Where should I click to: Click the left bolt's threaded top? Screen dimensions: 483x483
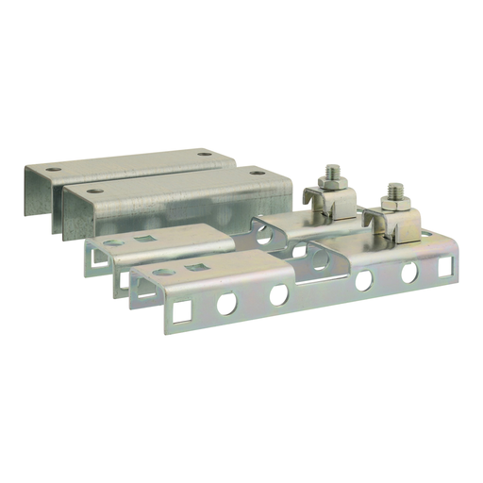[332, 172]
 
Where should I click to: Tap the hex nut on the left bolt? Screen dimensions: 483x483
[332, 183]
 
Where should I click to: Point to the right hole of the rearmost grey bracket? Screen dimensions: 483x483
[205, 152]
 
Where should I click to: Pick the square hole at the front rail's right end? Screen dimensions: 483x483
[442, 268]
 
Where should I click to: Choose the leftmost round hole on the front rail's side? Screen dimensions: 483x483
[226, 303]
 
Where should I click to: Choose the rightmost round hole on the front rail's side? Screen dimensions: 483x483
[409, 274]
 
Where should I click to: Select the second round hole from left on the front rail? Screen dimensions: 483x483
[278, 294]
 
